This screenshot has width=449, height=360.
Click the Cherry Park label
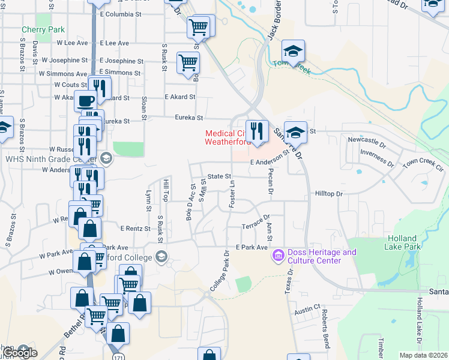tap(34, 29)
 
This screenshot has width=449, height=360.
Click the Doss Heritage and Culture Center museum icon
tap(277, 256)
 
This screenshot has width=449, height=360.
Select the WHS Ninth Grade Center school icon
tap(107, 159)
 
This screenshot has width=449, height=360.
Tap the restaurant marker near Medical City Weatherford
tap(257, 130)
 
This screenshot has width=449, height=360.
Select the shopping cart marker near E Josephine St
tap(188, 62)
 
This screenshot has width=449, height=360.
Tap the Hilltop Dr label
tap(328, 194)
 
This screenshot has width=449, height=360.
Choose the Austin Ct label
tap(308, 313)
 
